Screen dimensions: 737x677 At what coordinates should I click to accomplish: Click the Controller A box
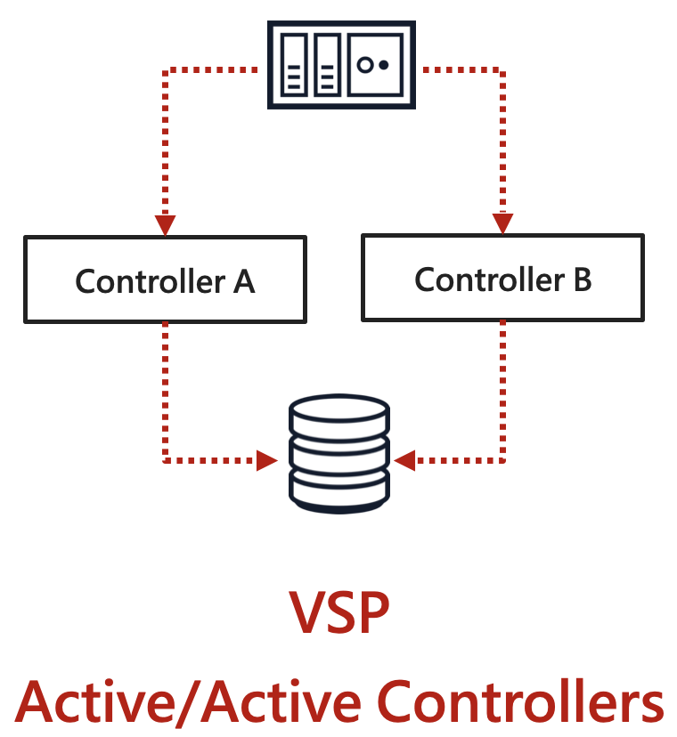pos(165,279)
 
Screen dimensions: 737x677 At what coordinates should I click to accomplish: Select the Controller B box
pos(502,278)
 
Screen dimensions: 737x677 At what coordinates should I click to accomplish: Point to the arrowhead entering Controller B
pos(502,223)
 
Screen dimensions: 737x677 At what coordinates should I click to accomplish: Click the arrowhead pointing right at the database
pos(266,460)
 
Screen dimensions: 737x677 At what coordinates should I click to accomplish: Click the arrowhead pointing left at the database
pos(406,460)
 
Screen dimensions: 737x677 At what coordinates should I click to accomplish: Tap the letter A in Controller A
pos(243,281)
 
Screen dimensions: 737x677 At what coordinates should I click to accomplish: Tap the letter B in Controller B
pos(581,280)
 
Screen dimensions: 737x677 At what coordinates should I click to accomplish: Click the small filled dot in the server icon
pos(384,65)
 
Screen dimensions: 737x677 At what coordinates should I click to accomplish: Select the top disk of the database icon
pos(339,411)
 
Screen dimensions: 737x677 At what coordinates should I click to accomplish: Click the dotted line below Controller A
pos(165,392)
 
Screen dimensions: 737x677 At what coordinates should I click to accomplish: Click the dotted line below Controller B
pos(503,392)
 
